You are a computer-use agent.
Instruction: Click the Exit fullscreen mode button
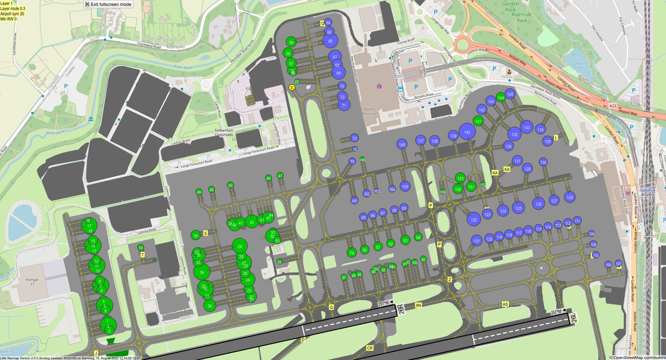(x=108, y=4)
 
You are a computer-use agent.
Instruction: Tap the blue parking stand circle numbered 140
(x=467, y=133)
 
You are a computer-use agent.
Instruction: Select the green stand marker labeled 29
(x=239, y=247)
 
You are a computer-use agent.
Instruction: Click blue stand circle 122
(x=473, y=220)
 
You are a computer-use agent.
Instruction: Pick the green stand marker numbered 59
(x=291, y=42)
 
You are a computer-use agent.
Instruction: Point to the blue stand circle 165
(x=405, y=186)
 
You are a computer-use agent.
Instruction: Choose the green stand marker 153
(x=460, y=178)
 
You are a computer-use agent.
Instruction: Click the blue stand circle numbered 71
(x=344, y=105)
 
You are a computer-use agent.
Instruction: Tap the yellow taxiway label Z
(x=450, y=279)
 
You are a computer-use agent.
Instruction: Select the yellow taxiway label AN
(x=418, y=305)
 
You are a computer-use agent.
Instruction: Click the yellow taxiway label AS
(x=505, y=304)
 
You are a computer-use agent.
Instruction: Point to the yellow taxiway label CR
(x=370, y=348)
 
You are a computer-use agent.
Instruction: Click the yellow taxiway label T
(x=142, y=255)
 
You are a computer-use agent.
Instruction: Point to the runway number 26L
(x=572, y=317)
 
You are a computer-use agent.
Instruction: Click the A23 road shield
(x=612, y=106)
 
